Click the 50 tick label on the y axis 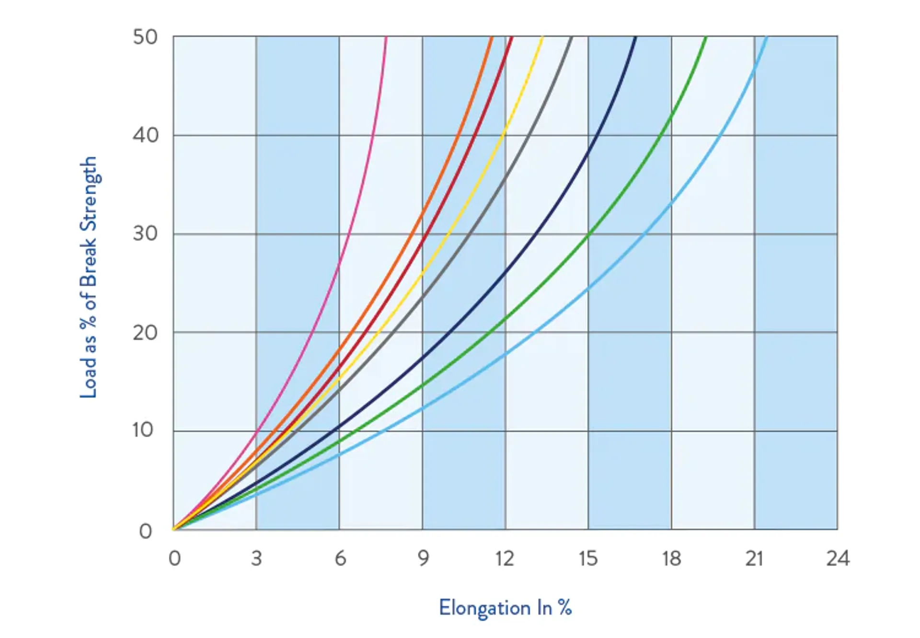[145, 37]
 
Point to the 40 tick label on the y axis [145, 136]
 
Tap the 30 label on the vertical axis [145, 234]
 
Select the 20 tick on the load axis [145, 333]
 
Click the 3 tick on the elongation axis [256, 559]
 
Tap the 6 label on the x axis [340, 559]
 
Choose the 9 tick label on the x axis [423, 559]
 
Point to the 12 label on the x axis [505, 559]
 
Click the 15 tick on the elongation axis [588, 559]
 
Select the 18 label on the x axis [671, 559]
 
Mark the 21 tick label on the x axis [754, 559]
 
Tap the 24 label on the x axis [838, 559]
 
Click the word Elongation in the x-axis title [484, 608]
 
